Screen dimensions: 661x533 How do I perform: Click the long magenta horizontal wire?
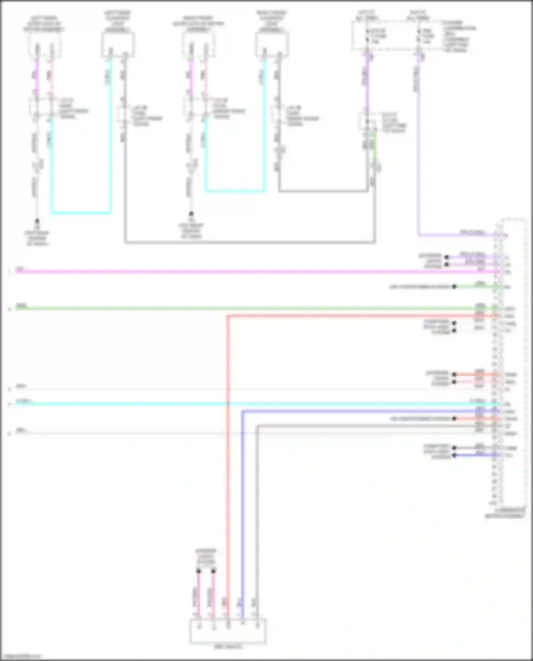(x=249, y=272)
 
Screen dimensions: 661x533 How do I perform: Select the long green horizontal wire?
(x=249, y=308)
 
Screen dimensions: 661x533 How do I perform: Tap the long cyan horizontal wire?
(x=249, y=404)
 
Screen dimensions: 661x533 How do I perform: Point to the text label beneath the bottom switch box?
(x=228, y=646)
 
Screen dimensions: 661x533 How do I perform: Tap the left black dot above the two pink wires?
(x=199, y=571)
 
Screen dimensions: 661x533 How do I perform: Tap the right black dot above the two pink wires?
(x=213, y=571)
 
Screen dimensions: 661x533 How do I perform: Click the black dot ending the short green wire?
(x=454, y=287)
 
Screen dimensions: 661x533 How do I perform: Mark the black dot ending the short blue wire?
(x=454, y=455)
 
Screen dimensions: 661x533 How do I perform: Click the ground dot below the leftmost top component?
(x=37, y=221)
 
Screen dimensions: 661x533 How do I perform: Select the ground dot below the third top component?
(x=191, y=214)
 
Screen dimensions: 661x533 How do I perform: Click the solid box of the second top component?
(x=118, y=44)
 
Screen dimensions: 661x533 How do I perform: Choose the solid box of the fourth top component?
(x=272, y=44)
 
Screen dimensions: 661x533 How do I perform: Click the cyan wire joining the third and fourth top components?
(x=235, y=191)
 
